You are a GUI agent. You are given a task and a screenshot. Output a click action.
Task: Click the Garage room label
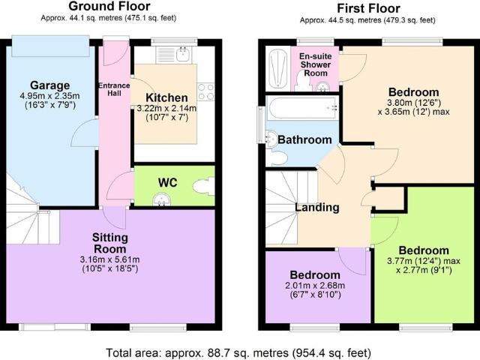(x=50, y=85)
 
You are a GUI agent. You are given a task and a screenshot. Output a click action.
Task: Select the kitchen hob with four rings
(x=205, y=91)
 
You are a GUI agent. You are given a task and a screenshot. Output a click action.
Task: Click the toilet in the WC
(x=203, y=186)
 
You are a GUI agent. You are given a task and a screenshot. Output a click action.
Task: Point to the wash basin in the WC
(x=162, y=199)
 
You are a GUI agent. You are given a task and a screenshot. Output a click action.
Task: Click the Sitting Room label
(x=110, y=243)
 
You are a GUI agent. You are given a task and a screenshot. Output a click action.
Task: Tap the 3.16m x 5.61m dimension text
(x=110, y=259)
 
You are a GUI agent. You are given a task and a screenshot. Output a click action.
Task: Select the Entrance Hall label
(x=114, y=89)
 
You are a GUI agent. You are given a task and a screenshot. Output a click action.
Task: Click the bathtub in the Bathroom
(x=302, y=108)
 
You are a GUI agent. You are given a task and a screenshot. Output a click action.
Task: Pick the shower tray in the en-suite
(x=277, y=69)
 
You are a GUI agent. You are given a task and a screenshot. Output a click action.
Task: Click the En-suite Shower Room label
(x=315, y=64)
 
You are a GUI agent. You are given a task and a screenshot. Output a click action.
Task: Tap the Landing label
(x=316, y=207)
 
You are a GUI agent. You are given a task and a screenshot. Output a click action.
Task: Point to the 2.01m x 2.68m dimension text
(x=315, y=286)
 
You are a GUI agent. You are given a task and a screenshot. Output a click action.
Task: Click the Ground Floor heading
(x=109, y=6)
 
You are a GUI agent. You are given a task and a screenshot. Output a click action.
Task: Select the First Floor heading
(x=368, y=8)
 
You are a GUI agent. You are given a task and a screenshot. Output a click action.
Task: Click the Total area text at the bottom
(x=238, y=353)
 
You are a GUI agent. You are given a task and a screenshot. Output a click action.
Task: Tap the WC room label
(x=167, y=183)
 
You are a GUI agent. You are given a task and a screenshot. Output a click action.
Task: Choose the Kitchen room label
(x=166, y=97)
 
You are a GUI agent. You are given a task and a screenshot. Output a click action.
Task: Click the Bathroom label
(x=304, y=139)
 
